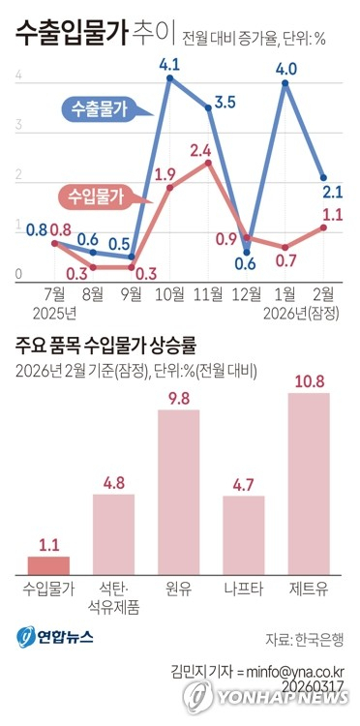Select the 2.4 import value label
201,151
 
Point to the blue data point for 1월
285,84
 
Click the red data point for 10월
170,187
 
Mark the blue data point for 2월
323,178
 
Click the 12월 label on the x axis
247,293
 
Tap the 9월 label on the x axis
132,293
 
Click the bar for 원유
179,492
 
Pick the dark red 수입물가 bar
49,564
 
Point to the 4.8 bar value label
114,480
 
